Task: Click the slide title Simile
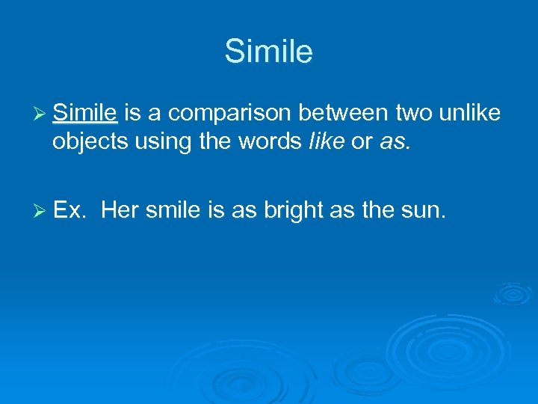click(268, 52)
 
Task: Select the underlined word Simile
click(85, 113)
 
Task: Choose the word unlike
click(469, 113)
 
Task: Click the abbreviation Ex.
click(70, 211)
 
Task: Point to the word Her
click(120, 211)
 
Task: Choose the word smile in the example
click(173, 211)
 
